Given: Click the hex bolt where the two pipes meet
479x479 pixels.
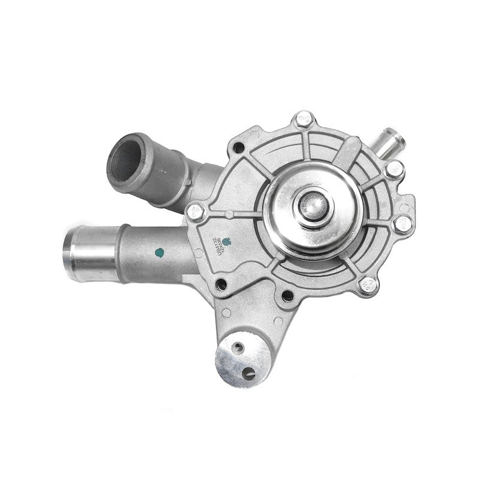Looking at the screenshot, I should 195,211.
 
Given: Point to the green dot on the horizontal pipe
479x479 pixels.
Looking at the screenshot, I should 160,252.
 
